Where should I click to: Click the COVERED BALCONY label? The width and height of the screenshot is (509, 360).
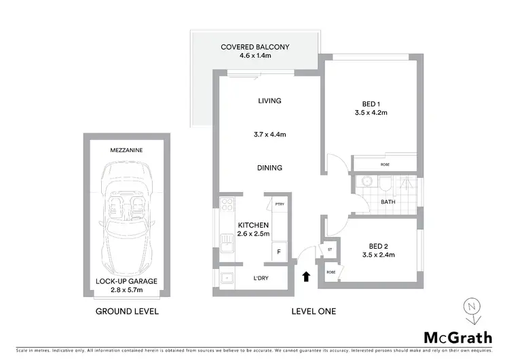pyautogui.click(x=255, y=47)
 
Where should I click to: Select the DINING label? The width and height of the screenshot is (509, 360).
pyautogui.click(x=269, y=168)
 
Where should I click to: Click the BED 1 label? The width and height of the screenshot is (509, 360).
pyautogui.click(x=371, y=104)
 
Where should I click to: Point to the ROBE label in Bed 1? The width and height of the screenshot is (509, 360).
pyautogui.click(x=384, y=164)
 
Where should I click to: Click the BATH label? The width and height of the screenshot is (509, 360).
pyautogui.click(x=388, y=202)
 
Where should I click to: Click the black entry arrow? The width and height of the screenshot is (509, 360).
pyautogui.click(x=305, y=276)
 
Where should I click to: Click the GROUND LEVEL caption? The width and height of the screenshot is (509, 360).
pyautogui.click(x=128, y=312)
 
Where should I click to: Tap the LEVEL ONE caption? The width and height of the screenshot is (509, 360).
pyautogui.click(x=313, y=312)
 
